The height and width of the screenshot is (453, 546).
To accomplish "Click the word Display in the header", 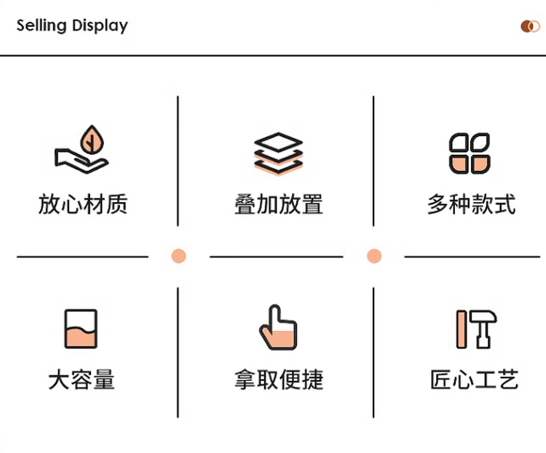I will [100, 26].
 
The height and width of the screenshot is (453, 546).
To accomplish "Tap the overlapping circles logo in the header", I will [530, 27].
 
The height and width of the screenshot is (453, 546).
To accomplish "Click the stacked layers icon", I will [278, 153].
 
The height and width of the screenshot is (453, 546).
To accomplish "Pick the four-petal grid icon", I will [470, 153].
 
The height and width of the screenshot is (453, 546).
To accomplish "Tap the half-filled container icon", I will [81, 329].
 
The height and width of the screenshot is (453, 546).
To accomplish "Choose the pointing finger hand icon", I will [277, 328].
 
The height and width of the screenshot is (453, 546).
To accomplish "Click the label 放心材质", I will [82, 204].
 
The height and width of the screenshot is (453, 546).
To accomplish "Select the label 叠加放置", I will [278, 204].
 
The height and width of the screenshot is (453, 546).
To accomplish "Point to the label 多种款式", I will [471, 204].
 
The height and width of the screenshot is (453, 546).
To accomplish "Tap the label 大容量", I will [82, 380].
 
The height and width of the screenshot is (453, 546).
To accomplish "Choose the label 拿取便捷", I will [278, 380].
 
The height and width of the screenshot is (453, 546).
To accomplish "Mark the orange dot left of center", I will [178, 256].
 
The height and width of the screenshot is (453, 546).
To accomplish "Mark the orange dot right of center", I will [374, 256].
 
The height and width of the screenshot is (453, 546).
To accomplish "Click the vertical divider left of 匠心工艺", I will [373, 353].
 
